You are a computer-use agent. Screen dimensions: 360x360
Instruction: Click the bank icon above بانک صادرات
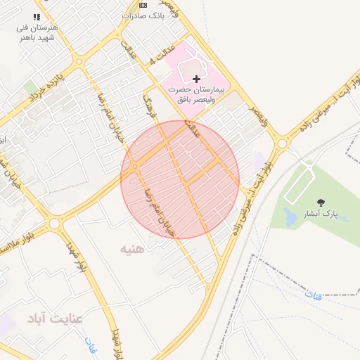click(x=143, y=4)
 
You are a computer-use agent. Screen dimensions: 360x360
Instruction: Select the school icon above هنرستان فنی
click(x=37, y=16)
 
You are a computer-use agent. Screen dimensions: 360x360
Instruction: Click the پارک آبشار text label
click(x=321, y=213)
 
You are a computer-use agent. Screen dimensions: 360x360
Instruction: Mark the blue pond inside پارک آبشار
click(x=290, y=217)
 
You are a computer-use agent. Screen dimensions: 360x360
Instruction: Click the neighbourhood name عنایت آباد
click(x=55, y=319)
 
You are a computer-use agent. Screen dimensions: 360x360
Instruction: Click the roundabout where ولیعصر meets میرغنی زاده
click(x=283, y=143)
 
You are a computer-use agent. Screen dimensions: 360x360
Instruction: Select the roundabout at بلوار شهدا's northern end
click(x=54, y=224)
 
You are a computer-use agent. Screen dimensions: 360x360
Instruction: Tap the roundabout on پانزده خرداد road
click(x=79, y=62)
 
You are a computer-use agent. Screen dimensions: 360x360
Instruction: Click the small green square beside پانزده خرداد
click(x=30, y=88)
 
